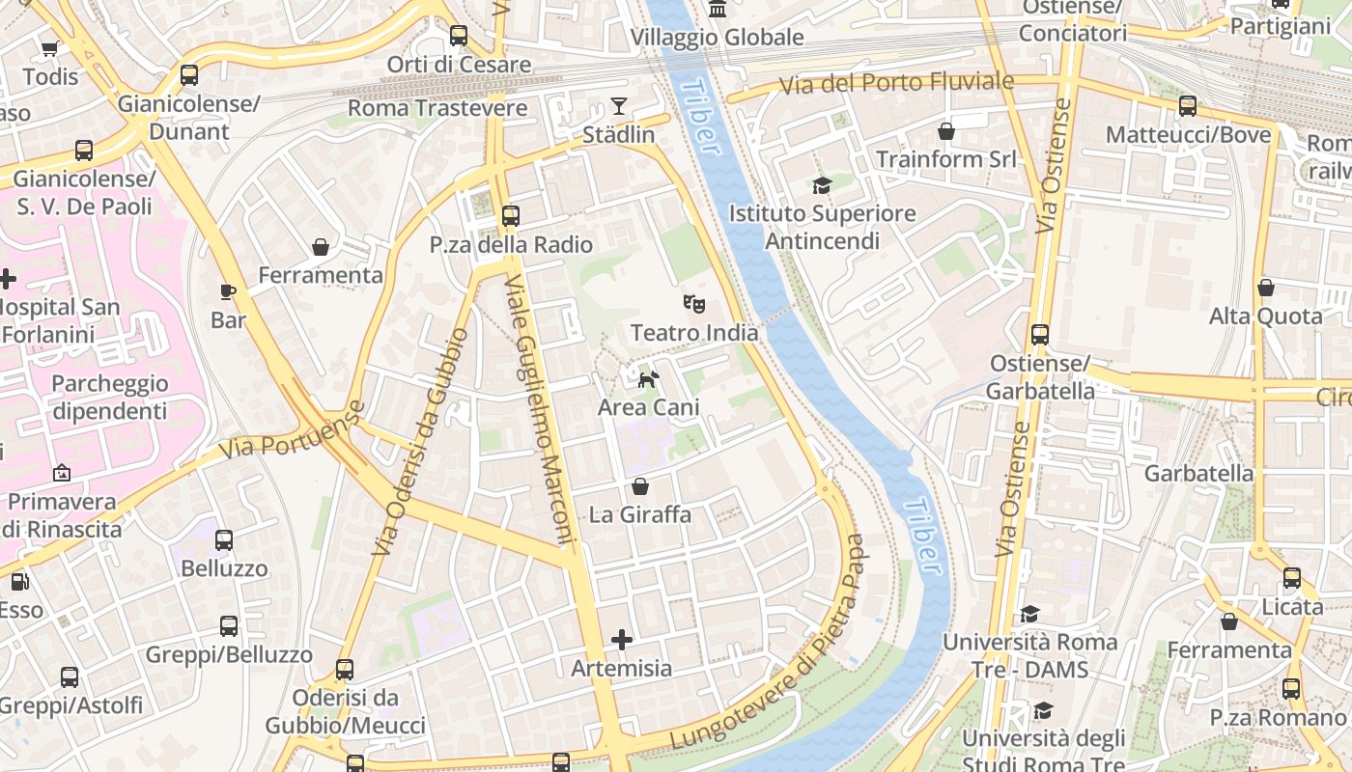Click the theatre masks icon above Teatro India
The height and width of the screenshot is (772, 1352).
pyautogui.click(x=693, y=304)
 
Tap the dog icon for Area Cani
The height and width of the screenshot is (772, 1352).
pyautogui.click(x=649, y=379)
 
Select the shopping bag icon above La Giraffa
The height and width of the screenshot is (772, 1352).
pyautogui.click(x=639, y=486)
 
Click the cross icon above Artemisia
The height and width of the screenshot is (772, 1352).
pyautogui.click(x=622, y=639)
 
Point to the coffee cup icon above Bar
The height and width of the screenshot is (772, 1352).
pyautogui.click(x=228, y=291)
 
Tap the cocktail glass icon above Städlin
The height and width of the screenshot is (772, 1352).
pyautogui.click(x=619, y=106)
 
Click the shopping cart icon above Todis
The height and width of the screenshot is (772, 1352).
pyautogui.click(x=49, y=48)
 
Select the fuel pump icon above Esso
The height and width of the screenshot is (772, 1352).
pyautogui.click(x=19, y=582)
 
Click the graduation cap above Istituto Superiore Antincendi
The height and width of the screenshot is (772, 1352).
pyautogui.click(x=822, y=185)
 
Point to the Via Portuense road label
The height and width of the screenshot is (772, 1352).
pyautogui.click(x=292, y=430)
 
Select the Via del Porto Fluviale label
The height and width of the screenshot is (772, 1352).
pyautogui.click(x=897, y=83)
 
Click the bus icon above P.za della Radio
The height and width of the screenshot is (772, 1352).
pyautogui.click(x=511, y=216)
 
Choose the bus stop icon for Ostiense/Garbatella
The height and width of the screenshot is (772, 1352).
pyautogui.click(x=1040, y=335)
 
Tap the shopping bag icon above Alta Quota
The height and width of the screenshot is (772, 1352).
pyautogui.click(x=1265, y=288)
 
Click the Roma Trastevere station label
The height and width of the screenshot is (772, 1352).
pyautogui.click(x=437, y=108)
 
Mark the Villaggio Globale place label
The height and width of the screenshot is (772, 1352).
pyautogui.click(x=717, y=38)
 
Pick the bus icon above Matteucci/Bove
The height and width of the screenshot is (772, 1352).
pyautogui.click(x=1188, y=106)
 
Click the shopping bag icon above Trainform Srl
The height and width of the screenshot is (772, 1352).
pyautogui.click(x=946, y=131)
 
